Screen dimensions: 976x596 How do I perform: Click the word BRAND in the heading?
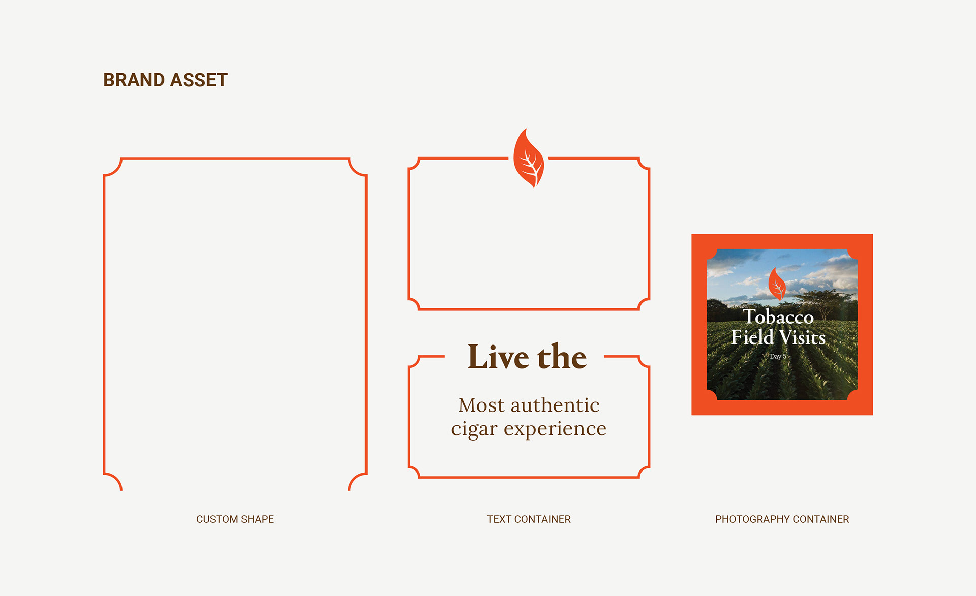(x=134, y=80)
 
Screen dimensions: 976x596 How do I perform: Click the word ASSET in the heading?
(x=199, y=80)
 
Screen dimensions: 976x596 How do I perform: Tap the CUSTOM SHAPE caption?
(x=235, y=519)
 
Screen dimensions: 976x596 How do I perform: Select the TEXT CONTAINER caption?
(x=529, y=519)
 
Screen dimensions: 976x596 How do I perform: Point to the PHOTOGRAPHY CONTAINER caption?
(x=782, y=519)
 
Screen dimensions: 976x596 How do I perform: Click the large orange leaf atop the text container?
(x=529, y=159)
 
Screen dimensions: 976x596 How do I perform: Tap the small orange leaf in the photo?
(x=777, y=284)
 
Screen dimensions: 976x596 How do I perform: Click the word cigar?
(x=474, y=430)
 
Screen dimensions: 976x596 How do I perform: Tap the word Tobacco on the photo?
(x=778, y=316)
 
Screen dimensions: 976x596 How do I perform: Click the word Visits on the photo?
(x=802, y=337)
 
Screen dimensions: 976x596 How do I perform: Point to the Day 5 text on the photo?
(x=778, y=356)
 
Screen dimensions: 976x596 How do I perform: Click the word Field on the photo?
(x=752, y=337)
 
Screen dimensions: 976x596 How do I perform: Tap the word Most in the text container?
(x=481, y=405)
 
